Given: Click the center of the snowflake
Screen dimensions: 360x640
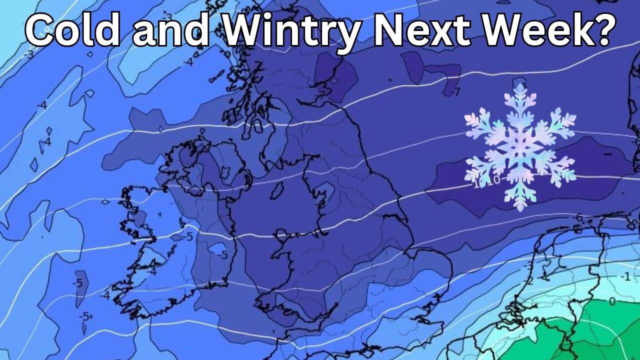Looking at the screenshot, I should pyautogui.click(x=520, y=148).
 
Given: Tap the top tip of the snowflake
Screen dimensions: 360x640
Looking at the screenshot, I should pyautogui.click(x=520, y=86).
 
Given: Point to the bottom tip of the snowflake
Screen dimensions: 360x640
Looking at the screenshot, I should pyautogui.click(x=520, y=209).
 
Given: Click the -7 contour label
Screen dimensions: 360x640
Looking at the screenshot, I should pyautogui.click(x=454, y=92).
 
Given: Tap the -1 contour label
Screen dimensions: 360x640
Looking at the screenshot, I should pyautogui.click(x=625, y=276).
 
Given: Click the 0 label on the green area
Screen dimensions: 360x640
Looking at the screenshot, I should pyautogui.click(x=611, y=301).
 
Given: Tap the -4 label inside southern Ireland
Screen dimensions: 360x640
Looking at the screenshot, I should pyautogui.click(x=152, y=271).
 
